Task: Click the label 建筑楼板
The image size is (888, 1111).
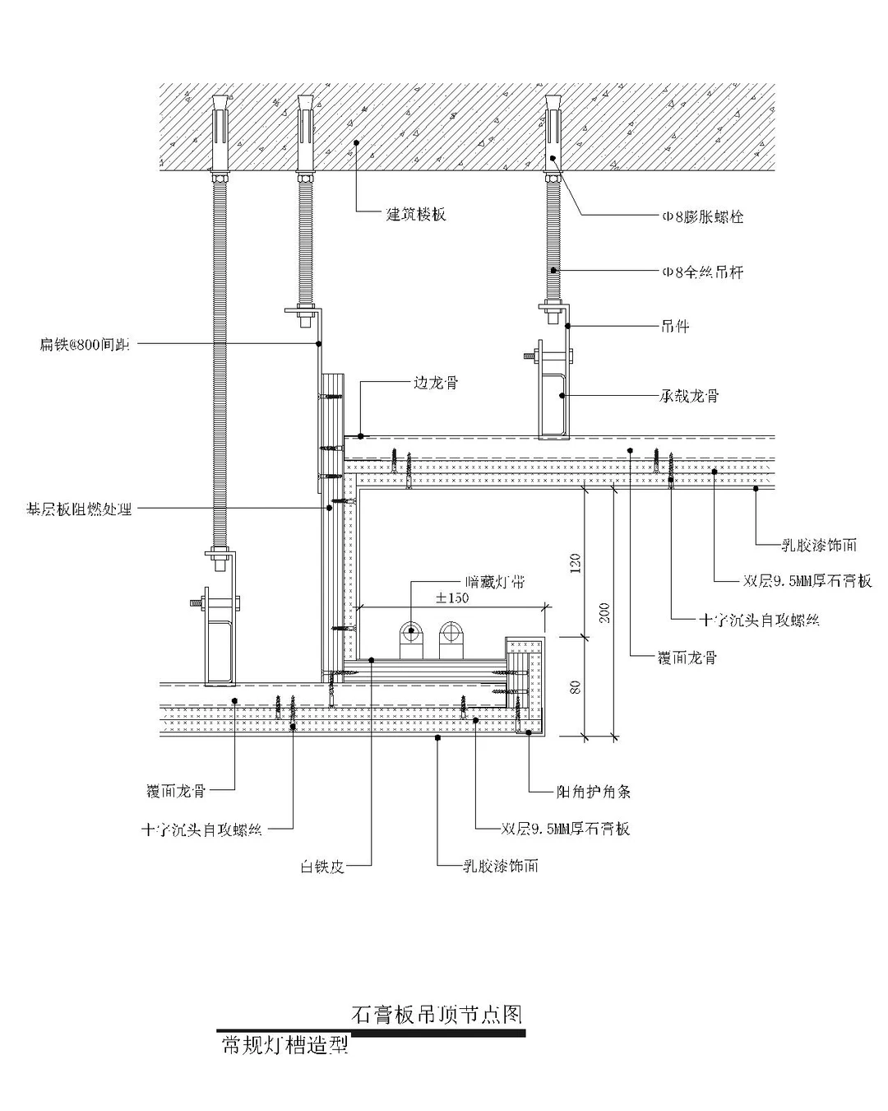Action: click(x=417, y=215)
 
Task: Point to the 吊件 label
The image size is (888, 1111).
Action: click(x=676, y=327)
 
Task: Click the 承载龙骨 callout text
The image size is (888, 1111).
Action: click(x=690, y=396)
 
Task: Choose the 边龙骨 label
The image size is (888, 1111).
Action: click(x=435, y=383)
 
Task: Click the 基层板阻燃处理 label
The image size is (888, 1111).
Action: click(x=78, y=509)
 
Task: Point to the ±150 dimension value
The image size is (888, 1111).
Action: click(x=452, y=597)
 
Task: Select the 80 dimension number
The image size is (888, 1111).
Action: click(x=576, y=685)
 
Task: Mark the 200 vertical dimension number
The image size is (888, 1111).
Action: click(x=606, y=613)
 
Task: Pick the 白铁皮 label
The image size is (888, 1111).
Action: click(x=321, y=867)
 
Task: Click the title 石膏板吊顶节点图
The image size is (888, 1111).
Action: click(x=437, y=1014)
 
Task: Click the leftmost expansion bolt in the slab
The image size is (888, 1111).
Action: click(x=220, y=132)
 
